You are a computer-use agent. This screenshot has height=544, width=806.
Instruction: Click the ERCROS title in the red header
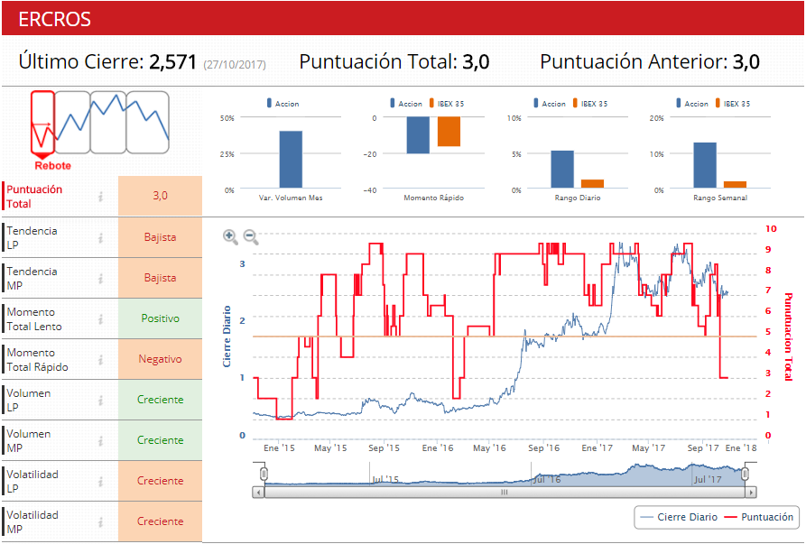pyautogui.click(x=54, y=19)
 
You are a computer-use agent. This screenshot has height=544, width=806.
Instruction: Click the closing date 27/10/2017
pyautogui.click(x=235, y=64)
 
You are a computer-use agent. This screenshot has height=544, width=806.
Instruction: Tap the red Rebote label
pyautogui.click(x=52, y=165)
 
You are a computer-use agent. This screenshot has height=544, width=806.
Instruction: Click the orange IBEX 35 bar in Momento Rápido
pyautogui.click(x=449, y=132)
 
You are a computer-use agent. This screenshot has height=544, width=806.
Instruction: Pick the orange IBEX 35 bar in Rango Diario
pyautogui.click(x=592, y=184)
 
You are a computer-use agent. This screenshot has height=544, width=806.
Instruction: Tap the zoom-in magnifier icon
pyautogui.click(x=231, y=236)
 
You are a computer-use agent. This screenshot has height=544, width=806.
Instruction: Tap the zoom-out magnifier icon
pyautogui.click(x=251, y=236)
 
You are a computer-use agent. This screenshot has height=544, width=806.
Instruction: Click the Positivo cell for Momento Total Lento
pyautogui.click(x=161, y=318)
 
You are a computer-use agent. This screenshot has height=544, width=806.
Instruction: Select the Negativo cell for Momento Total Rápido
pyautogui.click(x=161, y=359)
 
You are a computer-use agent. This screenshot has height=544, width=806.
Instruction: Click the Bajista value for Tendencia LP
pyautogui.click(x=161, y=237)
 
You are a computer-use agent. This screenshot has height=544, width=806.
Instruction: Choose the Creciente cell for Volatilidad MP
pyautogui.click(x=161, y=521)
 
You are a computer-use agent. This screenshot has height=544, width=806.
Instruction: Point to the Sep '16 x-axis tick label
pyautogui.click(x=543, y=447)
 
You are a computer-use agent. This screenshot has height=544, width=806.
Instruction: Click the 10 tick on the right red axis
pyautogui.click(x=770, y=228)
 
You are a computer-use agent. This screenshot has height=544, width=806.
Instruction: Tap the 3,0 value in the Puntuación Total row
pyautogui.click(x=161, y=195)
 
